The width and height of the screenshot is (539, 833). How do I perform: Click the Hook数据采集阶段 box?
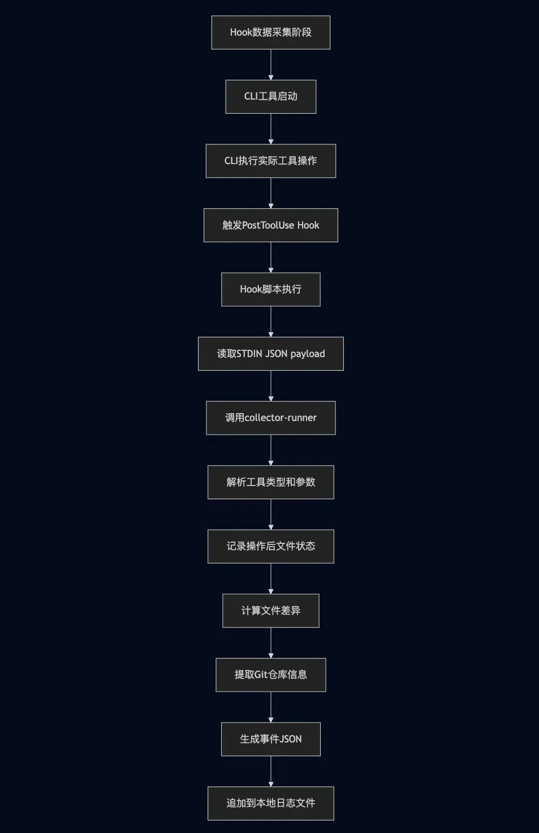[x=270, y=32]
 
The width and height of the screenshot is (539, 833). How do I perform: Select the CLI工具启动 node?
[x=270, y=96]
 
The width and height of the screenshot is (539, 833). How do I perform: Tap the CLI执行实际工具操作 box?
[x=270, y=161]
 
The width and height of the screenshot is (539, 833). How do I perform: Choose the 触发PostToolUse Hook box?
[x=270, y=225]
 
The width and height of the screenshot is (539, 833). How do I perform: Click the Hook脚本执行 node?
[x=270, y=289]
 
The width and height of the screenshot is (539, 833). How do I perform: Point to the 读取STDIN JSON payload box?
[x=270, y=354]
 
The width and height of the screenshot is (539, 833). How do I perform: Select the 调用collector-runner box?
[x=270, y=418]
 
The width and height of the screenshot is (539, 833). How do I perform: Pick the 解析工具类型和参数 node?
[x=270, y=482]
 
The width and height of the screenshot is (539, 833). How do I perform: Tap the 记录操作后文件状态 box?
[x=270, y=546]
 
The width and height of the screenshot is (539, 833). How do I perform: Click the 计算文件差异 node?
[x=270, y=611]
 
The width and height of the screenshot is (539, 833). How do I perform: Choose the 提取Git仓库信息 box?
[x=270, y=675]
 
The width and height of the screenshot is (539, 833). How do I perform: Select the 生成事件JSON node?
[x=270, y=739]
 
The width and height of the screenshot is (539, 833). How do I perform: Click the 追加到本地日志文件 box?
[x=270, y=803]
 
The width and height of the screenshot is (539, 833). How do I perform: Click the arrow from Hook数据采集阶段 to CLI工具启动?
[x=271, y=65]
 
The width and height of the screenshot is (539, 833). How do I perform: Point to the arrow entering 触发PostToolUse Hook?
[x=271, y=194]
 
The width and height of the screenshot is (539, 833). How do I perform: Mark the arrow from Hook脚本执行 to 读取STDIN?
[x=271, y=321]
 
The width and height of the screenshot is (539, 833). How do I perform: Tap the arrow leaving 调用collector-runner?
[x=271, y=450]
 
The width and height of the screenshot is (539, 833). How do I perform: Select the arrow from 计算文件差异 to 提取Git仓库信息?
[x=271, y=643]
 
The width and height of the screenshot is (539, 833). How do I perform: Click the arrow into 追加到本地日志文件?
[x=271, y=771]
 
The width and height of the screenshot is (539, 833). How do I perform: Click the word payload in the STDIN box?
[x=307, y=354]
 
